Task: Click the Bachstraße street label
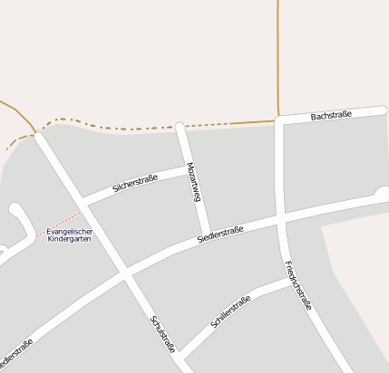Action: (x=330, y=116)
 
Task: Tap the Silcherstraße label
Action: (x=135, y=184)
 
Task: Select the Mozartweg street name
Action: (x=193, y=182)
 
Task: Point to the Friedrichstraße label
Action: (x=297, y=286)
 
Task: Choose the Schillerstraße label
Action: (x=230, y=311)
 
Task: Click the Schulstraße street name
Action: (x=163, y=334)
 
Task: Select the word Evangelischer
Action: (x=69, y=231)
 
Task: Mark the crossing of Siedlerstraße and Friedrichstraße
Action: (x=282, y=220)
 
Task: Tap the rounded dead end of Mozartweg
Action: (x=180, y=126)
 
